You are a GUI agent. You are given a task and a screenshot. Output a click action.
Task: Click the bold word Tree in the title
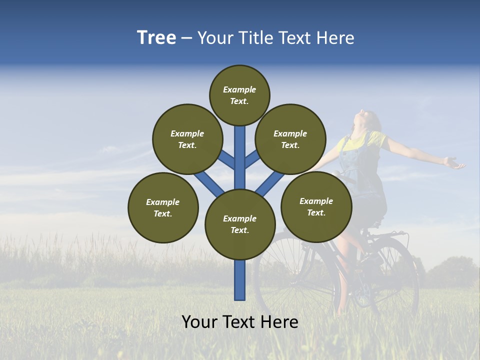(156, 38)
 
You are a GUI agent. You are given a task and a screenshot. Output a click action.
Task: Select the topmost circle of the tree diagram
(239, 95)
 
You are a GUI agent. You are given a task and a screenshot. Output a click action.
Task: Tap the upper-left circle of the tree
(187, 139)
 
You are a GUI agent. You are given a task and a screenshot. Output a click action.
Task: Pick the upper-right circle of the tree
(290, 139)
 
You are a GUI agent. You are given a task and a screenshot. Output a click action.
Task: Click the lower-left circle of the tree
(163, 207)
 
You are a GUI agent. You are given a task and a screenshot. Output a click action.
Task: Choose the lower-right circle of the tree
(316, 206)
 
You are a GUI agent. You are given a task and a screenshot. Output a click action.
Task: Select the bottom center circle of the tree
(240, 224)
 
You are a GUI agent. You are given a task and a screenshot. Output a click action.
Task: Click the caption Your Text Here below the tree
(240, 322)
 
